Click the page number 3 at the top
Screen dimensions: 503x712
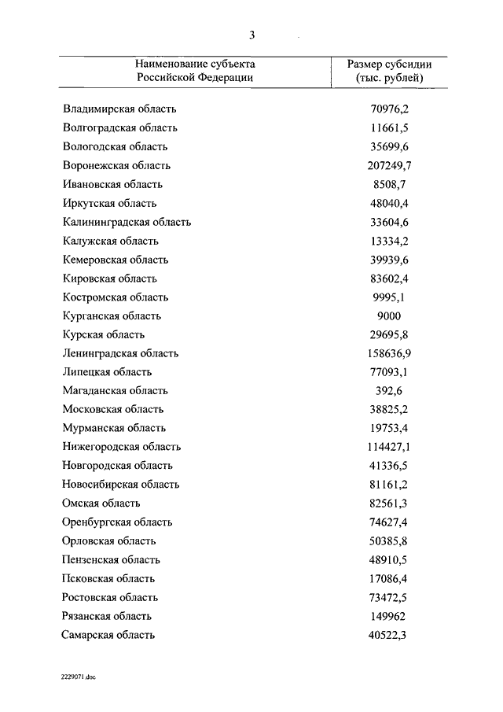point(252,35)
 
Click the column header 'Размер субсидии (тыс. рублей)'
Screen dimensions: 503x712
point(389,71)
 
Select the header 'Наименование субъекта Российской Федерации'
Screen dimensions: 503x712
point(195,71)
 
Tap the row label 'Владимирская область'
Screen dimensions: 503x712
point(120,109)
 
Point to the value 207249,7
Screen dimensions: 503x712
point(390,166)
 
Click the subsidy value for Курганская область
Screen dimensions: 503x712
point(390,316)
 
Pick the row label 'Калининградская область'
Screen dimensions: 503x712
point(127,222)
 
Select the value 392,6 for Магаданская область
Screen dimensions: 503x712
point(390,391)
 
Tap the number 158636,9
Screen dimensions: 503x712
point(390,353)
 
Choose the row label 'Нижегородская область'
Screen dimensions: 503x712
point(122,447)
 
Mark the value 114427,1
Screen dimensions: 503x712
point(390,447)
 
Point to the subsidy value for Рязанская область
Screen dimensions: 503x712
point(390,616)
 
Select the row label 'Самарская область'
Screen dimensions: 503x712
point(108,635)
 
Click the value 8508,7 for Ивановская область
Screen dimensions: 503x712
point(390,185)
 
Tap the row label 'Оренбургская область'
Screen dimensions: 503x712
point(117,522)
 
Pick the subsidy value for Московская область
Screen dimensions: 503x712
point(390,410)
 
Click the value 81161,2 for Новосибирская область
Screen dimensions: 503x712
point(390,485)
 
